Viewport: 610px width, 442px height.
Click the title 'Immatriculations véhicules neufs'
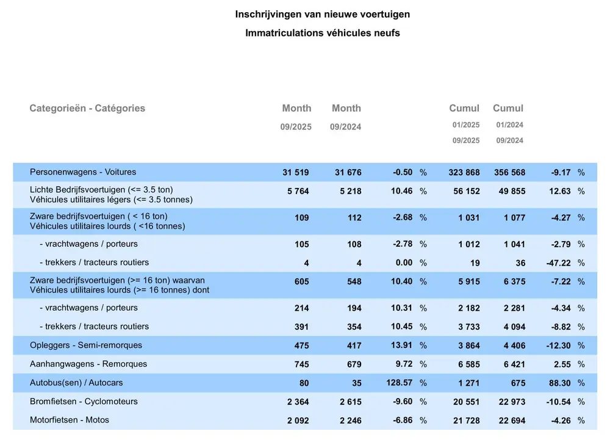coord(323,33)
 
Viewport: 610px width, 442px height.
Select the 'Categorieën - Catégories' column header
coord(87,108)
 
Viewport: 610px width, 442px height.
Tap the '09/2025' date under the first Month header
coord(296,127)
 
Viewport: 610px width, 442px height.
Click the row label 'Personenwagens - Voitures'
coord(83,172)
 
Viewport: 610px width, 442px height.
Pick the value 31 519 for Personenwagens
coord(296,173)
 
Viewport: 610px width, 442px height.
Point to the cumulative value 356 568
coord(508,173)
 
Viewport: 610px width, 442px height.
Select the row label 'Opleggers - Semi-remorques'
coord(86,346)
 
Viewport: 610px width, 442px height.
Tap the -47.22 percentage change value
coord(558,263)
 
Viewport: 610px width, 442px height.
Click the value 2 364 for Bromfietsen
coord(298,402)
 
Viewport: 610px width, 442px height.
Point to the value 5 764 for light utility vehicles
coord(298,191)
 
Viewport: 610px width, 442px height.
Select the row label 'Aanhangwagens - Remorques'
coord(88,364)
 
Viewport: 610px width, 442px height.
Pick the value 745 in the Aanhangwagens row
coord(301,364)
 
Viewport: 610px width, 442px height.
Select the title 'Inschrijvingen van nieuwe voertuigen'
coord(323,14)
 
